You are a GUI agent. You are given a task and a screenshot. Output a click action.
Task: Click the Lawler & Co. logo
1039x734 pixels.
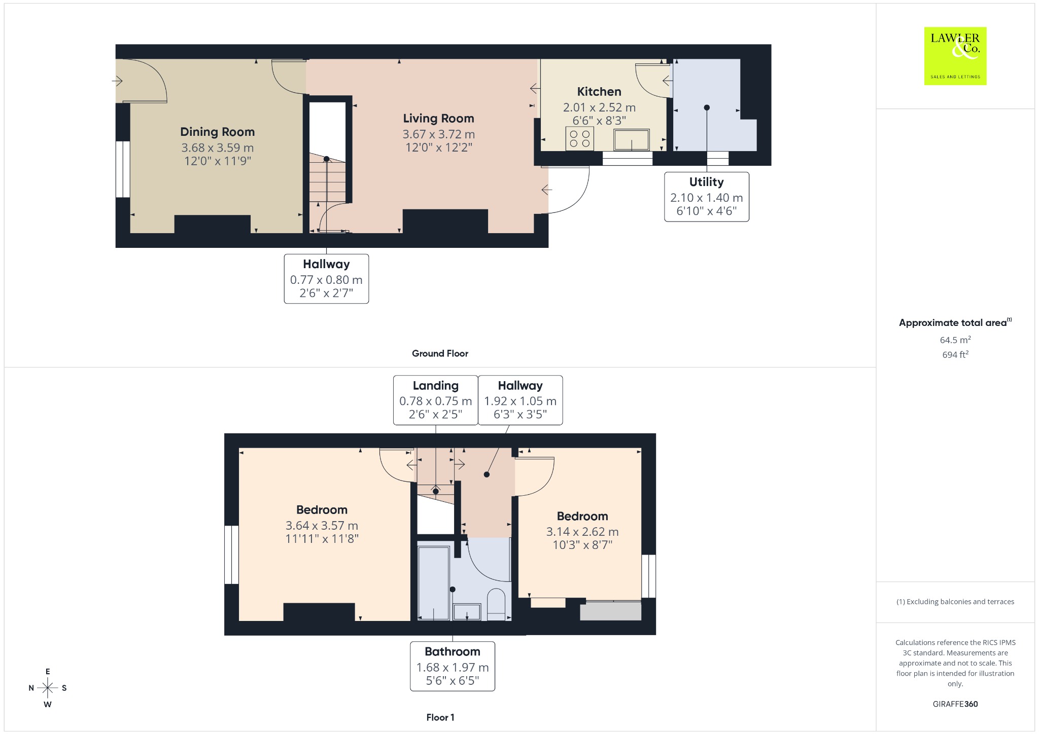pyautogui.click(x=955, y=56)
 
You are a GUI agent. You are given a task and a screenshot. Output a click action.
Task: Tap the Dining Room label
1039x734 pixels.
pyautogui.click(x=218, y=132)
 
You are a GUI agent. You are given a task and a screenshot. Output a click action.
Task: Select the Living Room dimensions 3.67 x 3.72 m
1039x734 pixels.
pyautogui.click(x=439, y=134)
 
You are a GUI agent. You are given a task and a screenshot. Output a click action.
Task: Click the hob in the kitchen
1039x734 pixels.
pyautogui.click(x=579, y=139)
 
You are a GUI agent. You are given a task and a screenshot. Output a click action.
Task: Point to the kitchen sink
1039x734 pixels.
pyautogui.click(x=632, y=140)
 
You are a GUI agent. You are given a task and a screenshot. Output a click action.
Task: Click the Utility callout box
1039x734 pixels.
pyautogui.click(x=707, y=197)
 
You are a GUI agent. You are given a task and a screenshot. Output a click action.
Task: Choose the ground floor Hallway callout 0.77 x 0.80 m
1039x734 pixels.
pyautogui.click(x=326, y=279)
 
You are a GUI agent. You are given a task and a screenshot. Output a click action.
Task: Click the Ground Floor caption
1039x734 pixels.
pyautogui.click(x=440, y=353)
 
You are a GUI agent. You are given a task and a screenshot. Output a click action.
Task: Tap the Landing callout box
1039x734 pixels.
pyautogui.click(x=436, y=400)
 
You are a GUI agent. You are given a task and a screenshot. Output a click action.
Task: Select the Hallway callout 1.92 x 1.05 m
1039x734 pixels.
pyautogui.click(x=521, y=400)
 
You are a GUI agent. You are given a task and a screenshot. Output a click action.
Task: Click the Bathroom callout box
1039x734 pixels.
pyautogui.click(x=453, y=666)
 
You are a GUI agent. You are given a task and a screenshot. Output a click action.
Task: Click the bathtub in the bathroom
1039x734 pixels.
pyautogui.click(x=434, y=582)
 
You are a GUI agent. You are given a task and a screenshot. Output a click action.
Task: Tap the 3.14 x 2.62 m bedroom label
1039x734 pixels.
pyautogui.click(x=582, y=531)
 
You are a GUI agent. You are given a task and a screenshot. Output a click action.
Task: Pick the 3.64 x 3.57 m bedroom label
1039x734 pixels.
pyautogui.click(x=322, y=524)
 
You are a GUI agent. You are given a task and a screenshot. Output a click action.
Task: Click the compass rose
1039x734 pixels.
pyautogui.click(x=48, y=688)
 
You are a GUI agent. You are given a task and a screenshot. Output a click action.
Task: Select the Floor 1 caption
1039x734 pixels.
pyautogui.click(x=440, y=717)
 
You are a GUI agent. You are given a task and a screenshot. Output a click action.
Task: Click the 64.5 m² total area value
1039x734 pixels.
pyautogui.click(x=955, y=340)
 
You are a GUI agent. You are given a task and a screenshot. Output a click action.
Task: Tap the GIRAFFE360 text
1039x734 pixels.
pyautogui.click(x=955, y=704)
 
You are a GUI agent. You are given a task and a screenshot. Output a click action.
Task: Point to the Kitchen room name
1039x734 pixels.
pyautogui.click(x=599, y=92)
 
